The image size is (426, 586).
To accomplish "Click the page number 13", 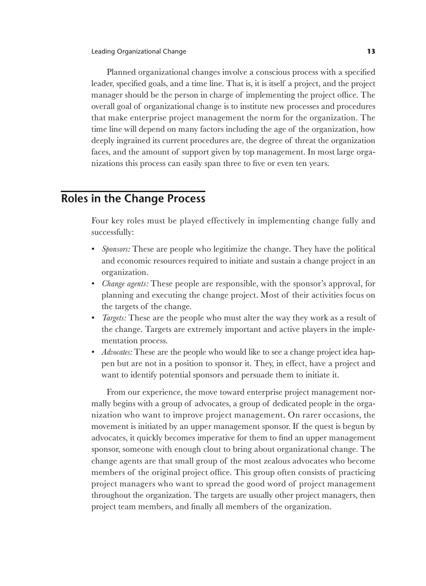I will [371, 51].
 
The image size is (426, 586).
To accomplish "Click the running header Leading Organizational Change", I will [138, 52].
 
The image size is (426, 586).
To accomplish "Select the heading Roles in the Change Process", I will [133, 199].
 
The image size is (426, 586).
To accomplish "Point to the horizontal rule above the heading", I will [133, 191].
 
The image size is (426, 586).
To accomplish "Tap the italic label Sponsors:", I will [116, 249].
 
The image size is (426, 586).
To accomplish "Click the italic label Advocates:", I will [117, 352].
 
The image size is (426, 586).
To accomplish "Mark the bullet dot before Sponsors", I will [93, 250].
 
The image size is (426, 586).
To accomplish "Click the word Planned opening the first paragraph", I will [122, 72].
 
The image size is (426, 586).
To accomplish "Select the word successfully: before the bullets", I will [113, 232].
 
